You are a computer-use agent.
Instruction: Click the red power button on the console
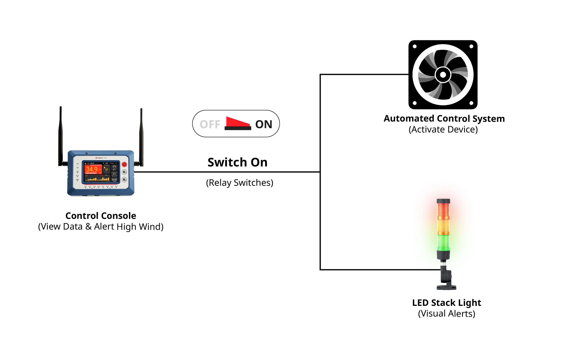(124, 164)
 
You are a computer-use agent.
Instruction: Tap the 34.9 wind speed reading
(92, 169)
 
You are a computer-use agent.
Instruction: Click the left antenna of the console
(61, 135)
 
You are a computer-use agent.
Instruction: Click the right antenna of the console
(141, 137)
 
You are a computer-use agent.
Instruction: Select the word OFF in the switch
(210, 124)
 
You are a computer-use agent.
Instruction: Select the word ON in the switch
(263, 124)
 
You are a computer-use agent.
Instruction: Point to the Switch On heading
(237, 162)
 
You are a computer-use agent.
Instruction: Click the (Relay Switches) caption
(240, 183)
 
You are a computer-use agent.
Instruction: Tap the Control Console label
(101, 216)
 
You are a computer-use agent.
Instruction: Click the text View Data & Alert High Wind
(101, 227)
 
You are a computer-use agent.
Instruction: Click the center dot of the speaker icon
(443, 75)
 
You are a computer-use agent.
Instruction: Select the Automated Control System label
(444, 119)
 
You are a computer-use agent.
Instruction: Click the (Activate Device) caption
(443, 130)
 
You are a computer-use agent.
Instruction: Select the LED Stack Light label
(446, 303)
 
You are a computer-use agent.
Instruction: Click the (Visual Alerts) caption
(446, 314)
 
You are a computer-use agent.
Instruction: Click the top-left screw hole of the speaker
(415, 46)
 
